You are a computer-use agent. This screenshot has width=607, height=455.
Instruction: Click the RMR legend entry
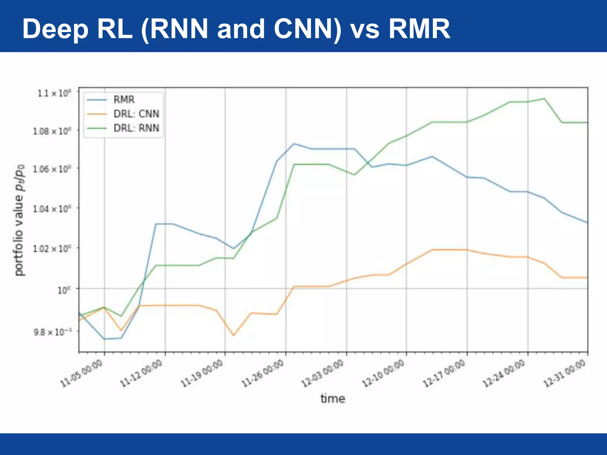124,100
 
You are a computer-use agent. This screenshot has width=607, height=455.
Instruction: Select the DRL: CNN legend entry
136,114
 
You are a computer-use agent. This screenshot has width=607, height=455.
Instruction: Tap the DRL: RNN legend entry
136,128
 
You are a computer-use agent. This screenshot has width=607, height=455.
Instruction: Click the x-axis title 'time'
333,399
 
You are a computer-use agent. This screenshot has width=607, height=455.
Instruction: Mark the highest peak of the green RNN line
544,99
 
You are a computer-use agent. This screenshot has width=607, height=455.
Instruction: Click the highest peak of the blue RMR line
294,144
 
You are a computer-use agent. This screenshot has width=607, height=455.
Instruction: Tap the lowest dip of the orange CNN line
234,335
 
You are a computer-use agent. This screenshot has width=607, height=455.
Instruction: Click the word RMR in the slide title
419,29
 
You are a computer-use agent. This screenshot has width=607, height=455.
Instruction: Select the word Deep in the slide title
55,29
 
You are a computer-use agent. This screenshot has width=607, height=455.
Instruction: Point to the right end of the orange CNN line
587,278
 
